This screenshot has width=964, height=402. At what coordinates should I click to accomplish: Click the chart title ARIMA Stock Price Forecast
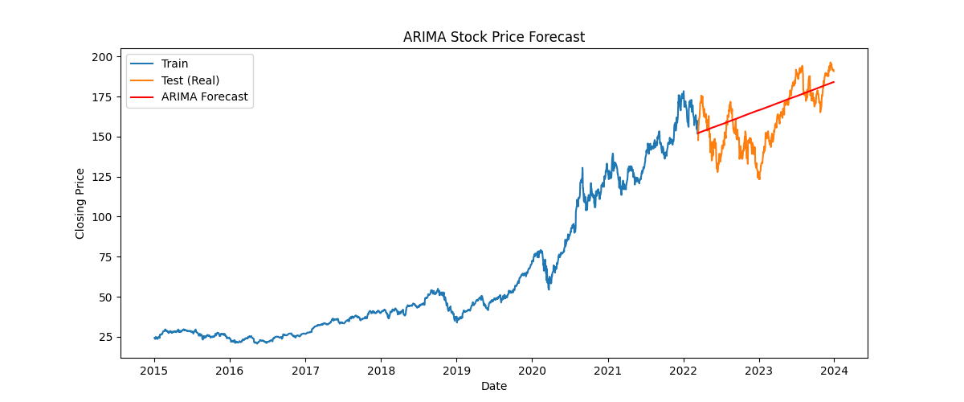[x=493, y=37]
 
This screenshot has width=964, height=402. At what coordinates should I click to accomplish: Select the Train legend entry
[x=174, y=64]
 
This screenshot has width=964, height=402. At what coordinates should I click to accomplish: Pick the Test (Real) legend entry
[x=190, y=80]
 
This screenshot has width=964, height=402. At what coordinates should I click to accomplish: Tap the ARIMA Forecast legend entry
[x=204, y=96]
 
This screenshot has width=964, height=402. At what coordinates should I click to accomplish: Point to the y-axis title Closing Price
[x=80, y=203]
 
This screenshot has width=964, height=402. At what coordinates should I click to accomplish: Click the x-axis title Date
[x=493, y=386]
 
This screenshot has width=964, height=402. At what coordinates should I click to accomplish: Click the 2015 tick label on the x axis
[x=153, y=370]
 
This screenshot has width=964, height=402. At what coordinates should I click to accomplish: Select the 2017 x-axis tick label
[x=305, y=370]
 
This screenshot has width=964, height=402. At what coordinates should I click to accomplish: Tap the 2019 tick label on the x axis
[x=456, y=370]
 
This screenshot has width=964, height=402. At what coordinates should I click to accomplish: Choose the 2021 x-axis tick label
[x=608, y=370]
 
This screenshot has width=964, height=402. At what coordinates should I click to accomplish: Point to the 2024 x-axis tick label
[x=834, y=370]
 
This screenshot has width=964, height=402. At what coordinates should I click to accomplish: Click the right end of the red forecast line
[x=834, y=82]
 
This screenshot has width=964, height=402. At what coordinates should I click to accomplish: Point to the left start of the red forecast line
[x=698, y=133]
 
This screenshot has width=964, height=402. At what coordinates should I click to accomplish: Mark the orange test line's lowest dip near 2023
[x=758, y=178]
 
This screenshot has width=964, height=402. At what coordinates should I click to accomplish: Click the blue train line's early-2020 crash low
[x=549, y=288]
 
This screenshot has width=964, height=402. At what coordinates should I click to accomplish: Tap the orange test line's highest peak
[x=830, y=63]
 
